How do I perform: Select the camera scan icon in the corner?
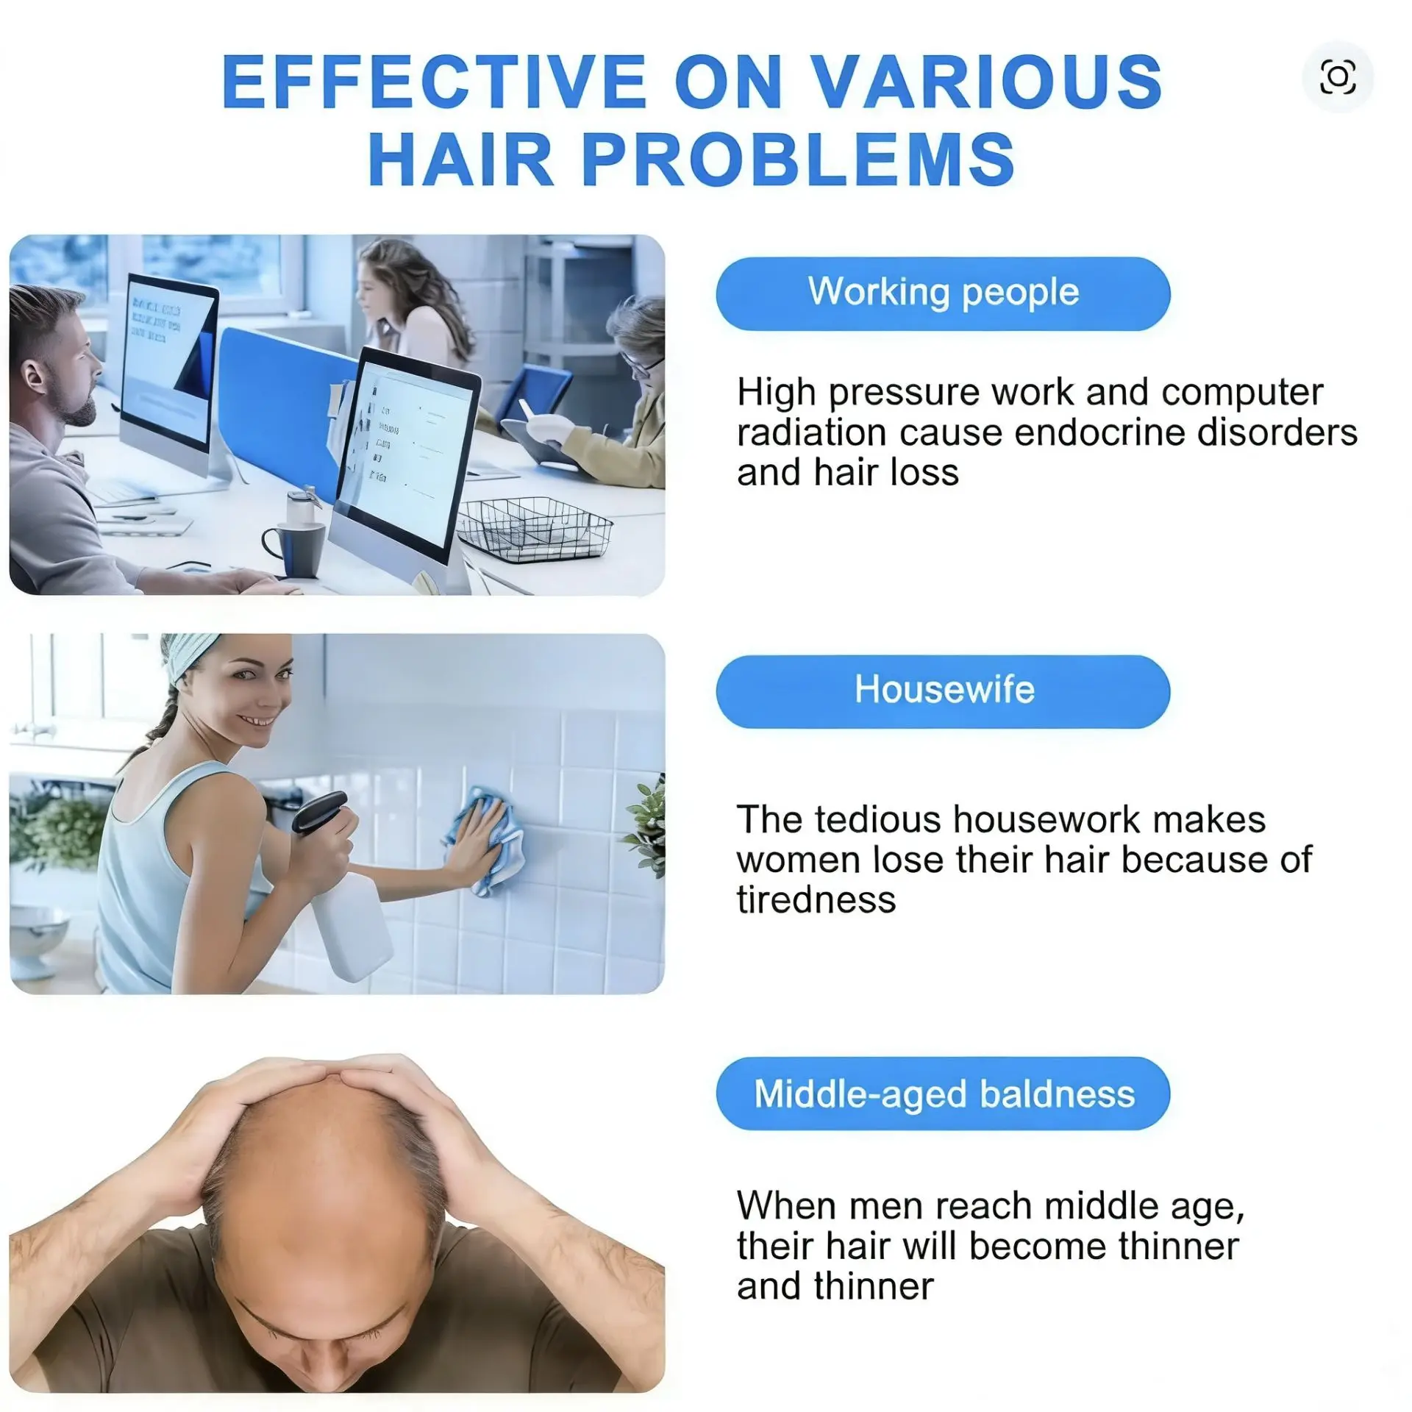click(x=1338, y=77)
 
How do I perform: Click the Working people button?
click(x=943, y=293)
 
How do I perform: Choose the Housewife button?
click(x=943, y=691)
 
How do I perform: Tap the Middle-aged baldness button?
click(x=943, y=1094)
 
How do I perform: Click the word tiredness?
click(x=816, y=899)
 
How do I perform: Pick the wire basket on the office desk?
click(x=535, y=527)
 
